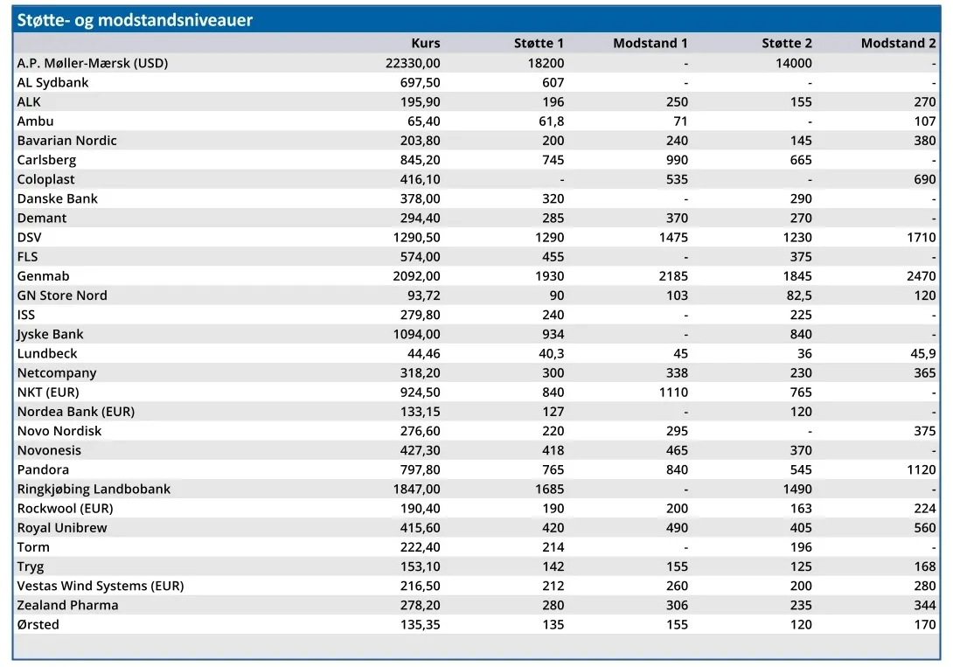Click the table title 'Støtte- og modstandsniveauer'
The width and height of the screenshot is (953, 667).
135,20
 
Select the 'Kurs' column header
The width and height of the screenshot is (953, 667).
426,43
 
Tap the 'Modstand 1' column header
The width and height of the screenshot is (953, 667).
650,43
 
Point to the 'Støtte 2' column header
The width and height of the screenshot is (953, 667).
787,43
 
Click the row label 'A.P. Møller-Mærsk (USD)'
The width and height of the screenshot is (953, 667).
93,63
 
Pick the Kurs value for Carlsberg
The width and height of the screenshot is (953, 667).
420,160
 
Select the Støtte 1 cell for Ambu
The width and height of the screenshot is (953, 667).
552,121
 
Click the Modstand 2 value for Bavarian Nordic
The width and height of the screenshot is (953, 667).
924,141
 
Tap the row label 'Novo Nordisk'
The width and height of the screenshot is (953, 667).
59,431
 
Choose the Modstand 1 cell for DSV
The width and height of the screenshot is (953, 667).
673,237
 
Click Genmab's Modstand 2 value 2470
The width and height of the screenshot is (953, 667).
922,275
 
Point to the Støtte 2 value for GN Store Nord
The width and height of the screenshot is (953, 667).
798,295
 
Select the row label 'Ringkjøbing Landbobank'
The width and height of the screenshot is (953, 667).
94,489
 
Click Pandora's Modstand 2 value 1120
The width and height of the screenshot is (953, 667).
922,469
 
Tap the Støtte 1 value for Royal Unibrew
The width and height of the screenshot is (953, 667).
553,528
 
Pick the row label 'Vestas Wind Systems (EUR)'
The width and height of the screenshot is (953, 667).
101,586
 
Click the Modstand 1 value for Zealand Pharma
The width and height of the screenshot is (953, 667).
677,605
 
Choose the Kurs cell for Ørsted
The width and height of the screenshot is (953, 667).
420,624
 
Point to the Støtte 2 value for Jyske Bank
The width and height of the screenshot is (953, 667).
801,334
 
